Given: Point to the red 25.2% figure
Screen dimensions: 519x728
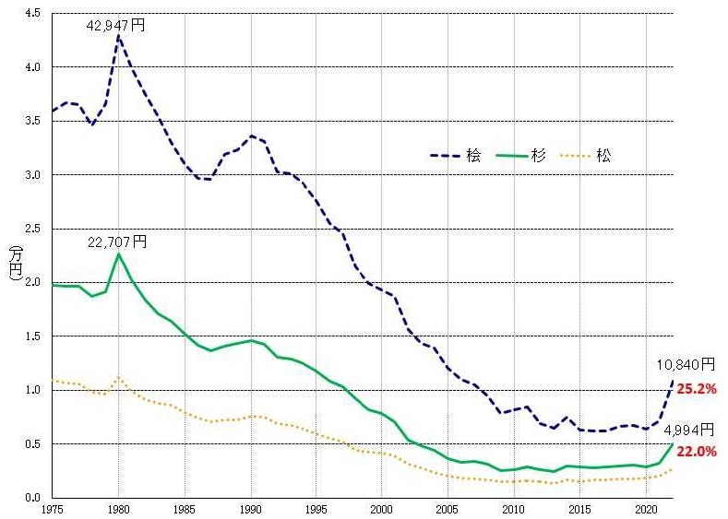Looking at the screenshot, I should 698,389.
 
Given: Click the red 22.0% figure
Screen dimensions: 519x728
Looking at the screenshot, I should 698,453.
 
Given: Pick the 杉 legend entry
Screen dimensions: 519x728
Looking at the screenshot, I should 522,155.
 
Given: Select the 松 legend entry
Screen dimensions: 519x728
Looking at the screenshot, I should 587,155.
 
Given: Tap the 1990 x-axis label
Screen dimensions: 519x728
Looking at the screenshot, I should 251,508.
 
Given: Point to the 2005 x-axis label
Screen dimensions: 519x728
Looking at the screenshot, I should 448,508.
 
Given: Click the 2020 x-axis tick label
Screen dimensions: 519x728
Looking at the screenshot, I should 644,508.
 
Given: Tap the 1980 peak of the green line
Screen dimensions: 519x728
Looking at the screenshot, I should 119,254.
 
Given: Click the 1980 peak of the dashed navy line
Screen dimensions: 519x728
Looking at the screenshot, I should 119,36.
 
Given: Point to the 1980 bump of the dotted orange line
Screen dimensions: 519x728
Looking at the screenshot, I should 119,377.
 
